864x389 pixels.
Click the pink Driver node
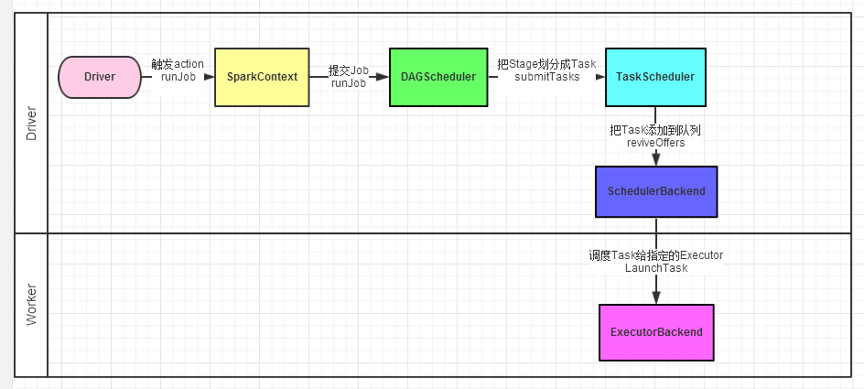coord(100,77)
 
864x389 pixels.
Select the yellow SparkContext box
coord(262,77)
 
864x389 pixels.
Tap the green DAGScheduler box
coord(437,77)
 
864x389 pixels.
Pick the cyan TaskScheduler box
coord(655,77)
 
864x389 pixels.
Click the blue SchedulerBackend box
coord(655,191)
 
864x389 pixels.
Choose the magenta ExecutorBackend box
coord(655,332)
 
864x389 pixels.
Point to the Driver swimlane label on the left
coord(31,122)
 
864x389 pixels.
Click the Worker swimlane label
coord(31,304)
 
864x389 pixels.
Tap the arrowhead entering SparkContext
coord(209,77)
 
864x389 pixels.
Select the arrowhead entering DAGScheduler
coord(383,77)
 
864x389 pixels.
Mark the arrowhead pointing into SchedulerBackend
coord(655,160)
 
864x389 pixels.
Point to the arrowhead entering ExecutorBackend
coord(655,298)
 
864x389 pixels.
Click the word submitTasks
coord(546,78)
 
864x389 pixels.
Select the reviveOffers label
coord(655,143)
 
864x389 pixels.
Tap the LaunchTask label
coord(655,268)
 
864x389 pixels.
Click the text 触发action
coord(178,64)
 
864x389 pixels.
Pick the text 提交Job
coord(348,70)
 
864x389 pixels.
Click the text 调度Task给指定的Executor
coord(655,255)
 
